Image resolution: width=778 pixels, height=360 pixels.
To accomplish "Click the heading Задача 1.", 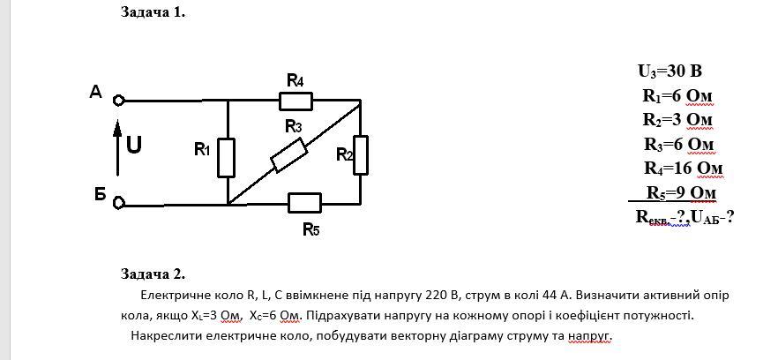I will click(153, 12).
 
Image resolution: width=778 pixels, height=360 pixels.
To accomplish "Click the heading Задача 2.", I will click(153, 274).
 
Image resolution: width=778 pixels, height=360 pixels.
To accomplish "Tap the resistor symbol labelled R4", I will click(295, 101).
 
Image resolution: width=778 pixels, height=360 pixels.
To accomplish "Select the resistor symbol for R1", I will click(227, 156).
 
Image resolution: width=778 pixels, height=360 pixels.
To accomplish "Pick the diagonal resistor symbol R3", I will click(288, 155).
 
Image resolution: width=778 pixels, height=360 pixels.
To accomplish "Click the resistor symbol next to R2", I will click(361, 155).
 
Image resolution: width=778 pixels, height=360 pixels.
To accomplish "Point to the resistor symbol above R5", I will click(303, 203).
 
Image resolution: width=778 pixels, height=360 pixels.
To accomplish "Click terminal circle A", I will click(118, 101).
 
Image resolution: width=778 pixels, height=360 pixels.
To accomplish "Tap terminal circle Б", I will click(118, 203).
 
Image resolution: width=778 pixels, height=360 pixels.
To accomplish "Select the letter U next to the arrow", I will click(134, 146).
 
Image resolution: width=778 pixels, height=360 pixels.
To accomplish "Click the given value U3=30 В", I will click(670, 71).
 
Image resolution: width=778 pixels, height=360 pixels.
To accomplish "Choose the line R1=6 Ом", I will click(677, 95).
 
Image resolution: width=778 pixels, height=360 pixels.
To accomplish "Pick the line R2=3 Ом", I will click(677, 119).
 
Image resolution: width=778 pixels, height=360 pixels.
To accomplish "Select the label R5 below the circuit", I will click(310, 230).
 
